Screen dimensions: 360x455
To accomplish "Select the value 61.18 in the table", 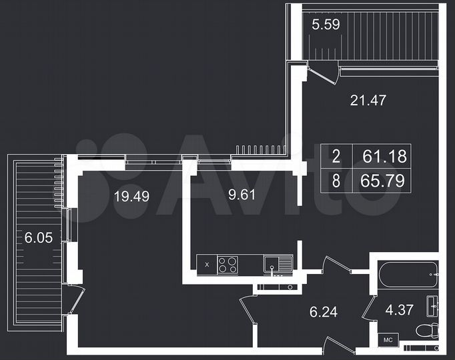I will pyautogui.click(x=384, y=157).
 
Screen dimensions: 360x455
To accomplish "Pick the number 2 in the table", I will pyautogui.click(x=336, y=157).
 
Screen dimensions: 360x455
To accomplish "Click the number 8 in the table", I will pyautogui.click(x=336, y=180).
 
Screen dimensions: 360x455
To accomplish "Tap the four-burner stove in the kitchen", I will pyautogui.click(x=228, y=265).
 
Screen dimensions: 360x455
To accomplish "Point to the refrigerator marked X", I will pyautogui.click(x=207, y=265).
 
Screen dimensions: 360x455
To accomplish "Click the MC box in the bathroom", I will pyautogui.click(x=389, y=341).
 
